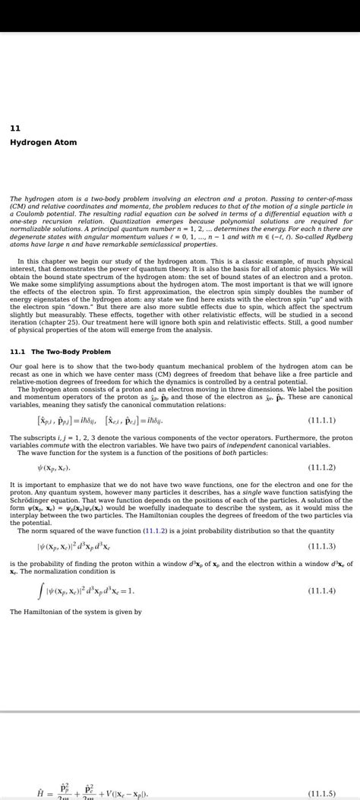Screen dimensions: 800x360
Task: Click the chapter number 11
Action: (14, 128)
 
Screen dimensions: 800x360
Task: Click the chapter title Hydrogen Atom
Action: (43, 143)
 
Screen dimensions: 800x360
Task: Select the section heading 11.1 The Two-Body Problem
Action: (60, 352)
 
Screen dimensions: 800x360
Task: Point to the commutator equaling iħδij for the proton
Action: (69, 420)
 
